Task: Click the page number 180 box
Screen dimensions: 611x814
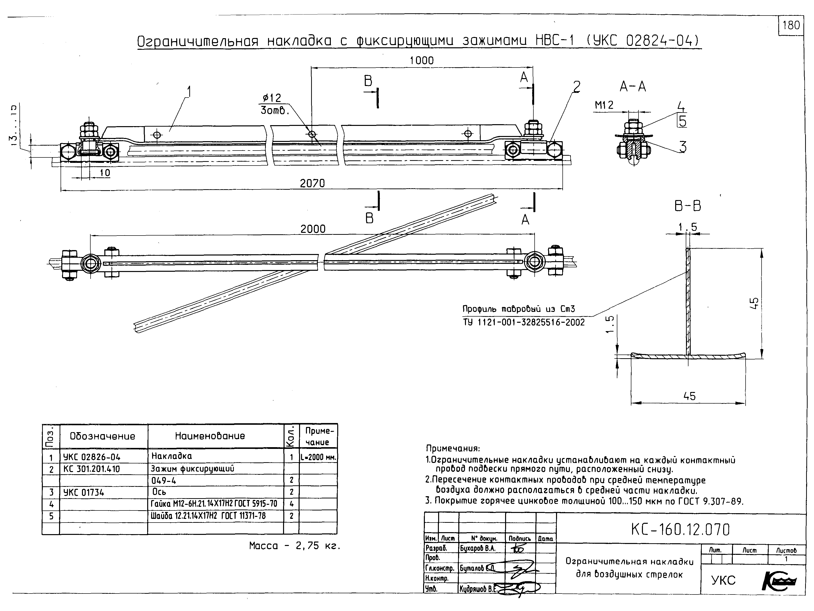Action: (791, 25)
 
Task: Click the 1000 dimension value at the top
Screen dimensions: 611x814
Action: (422, 60)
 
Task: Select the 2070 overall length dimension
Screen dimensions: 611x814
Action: (312, 183)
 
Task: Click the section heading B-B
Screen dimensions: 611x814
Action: (687, 206)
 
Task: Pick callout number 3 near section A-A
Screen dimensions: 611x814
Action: (683, 147)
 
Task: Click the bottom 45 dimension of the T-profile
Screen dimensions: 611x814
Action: (689, 396)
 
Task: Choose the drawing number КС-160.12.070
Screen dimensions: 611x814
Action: (680, 530)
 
